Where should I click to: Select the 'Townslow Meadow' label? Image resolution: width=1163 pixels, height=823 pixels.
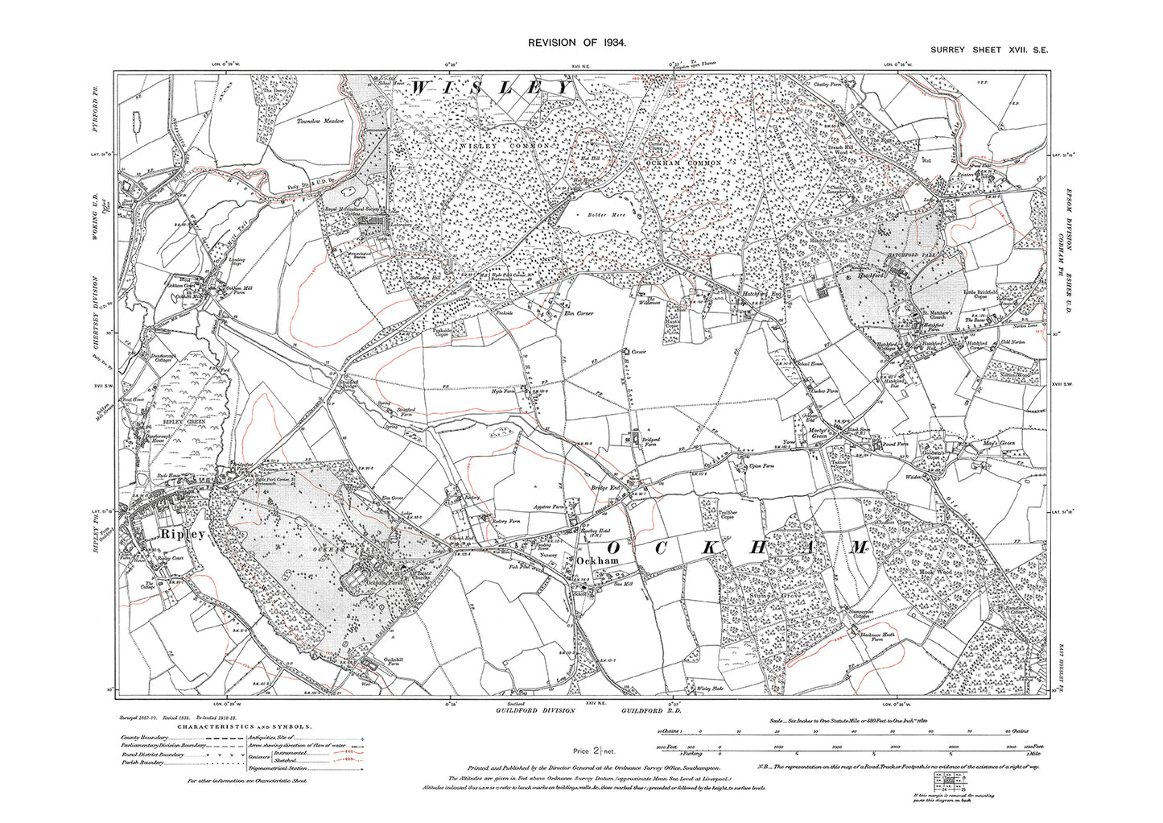[312, 120]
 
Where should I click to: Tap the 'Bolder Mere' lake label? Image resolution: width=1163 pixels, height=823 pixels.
[591, 216]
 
